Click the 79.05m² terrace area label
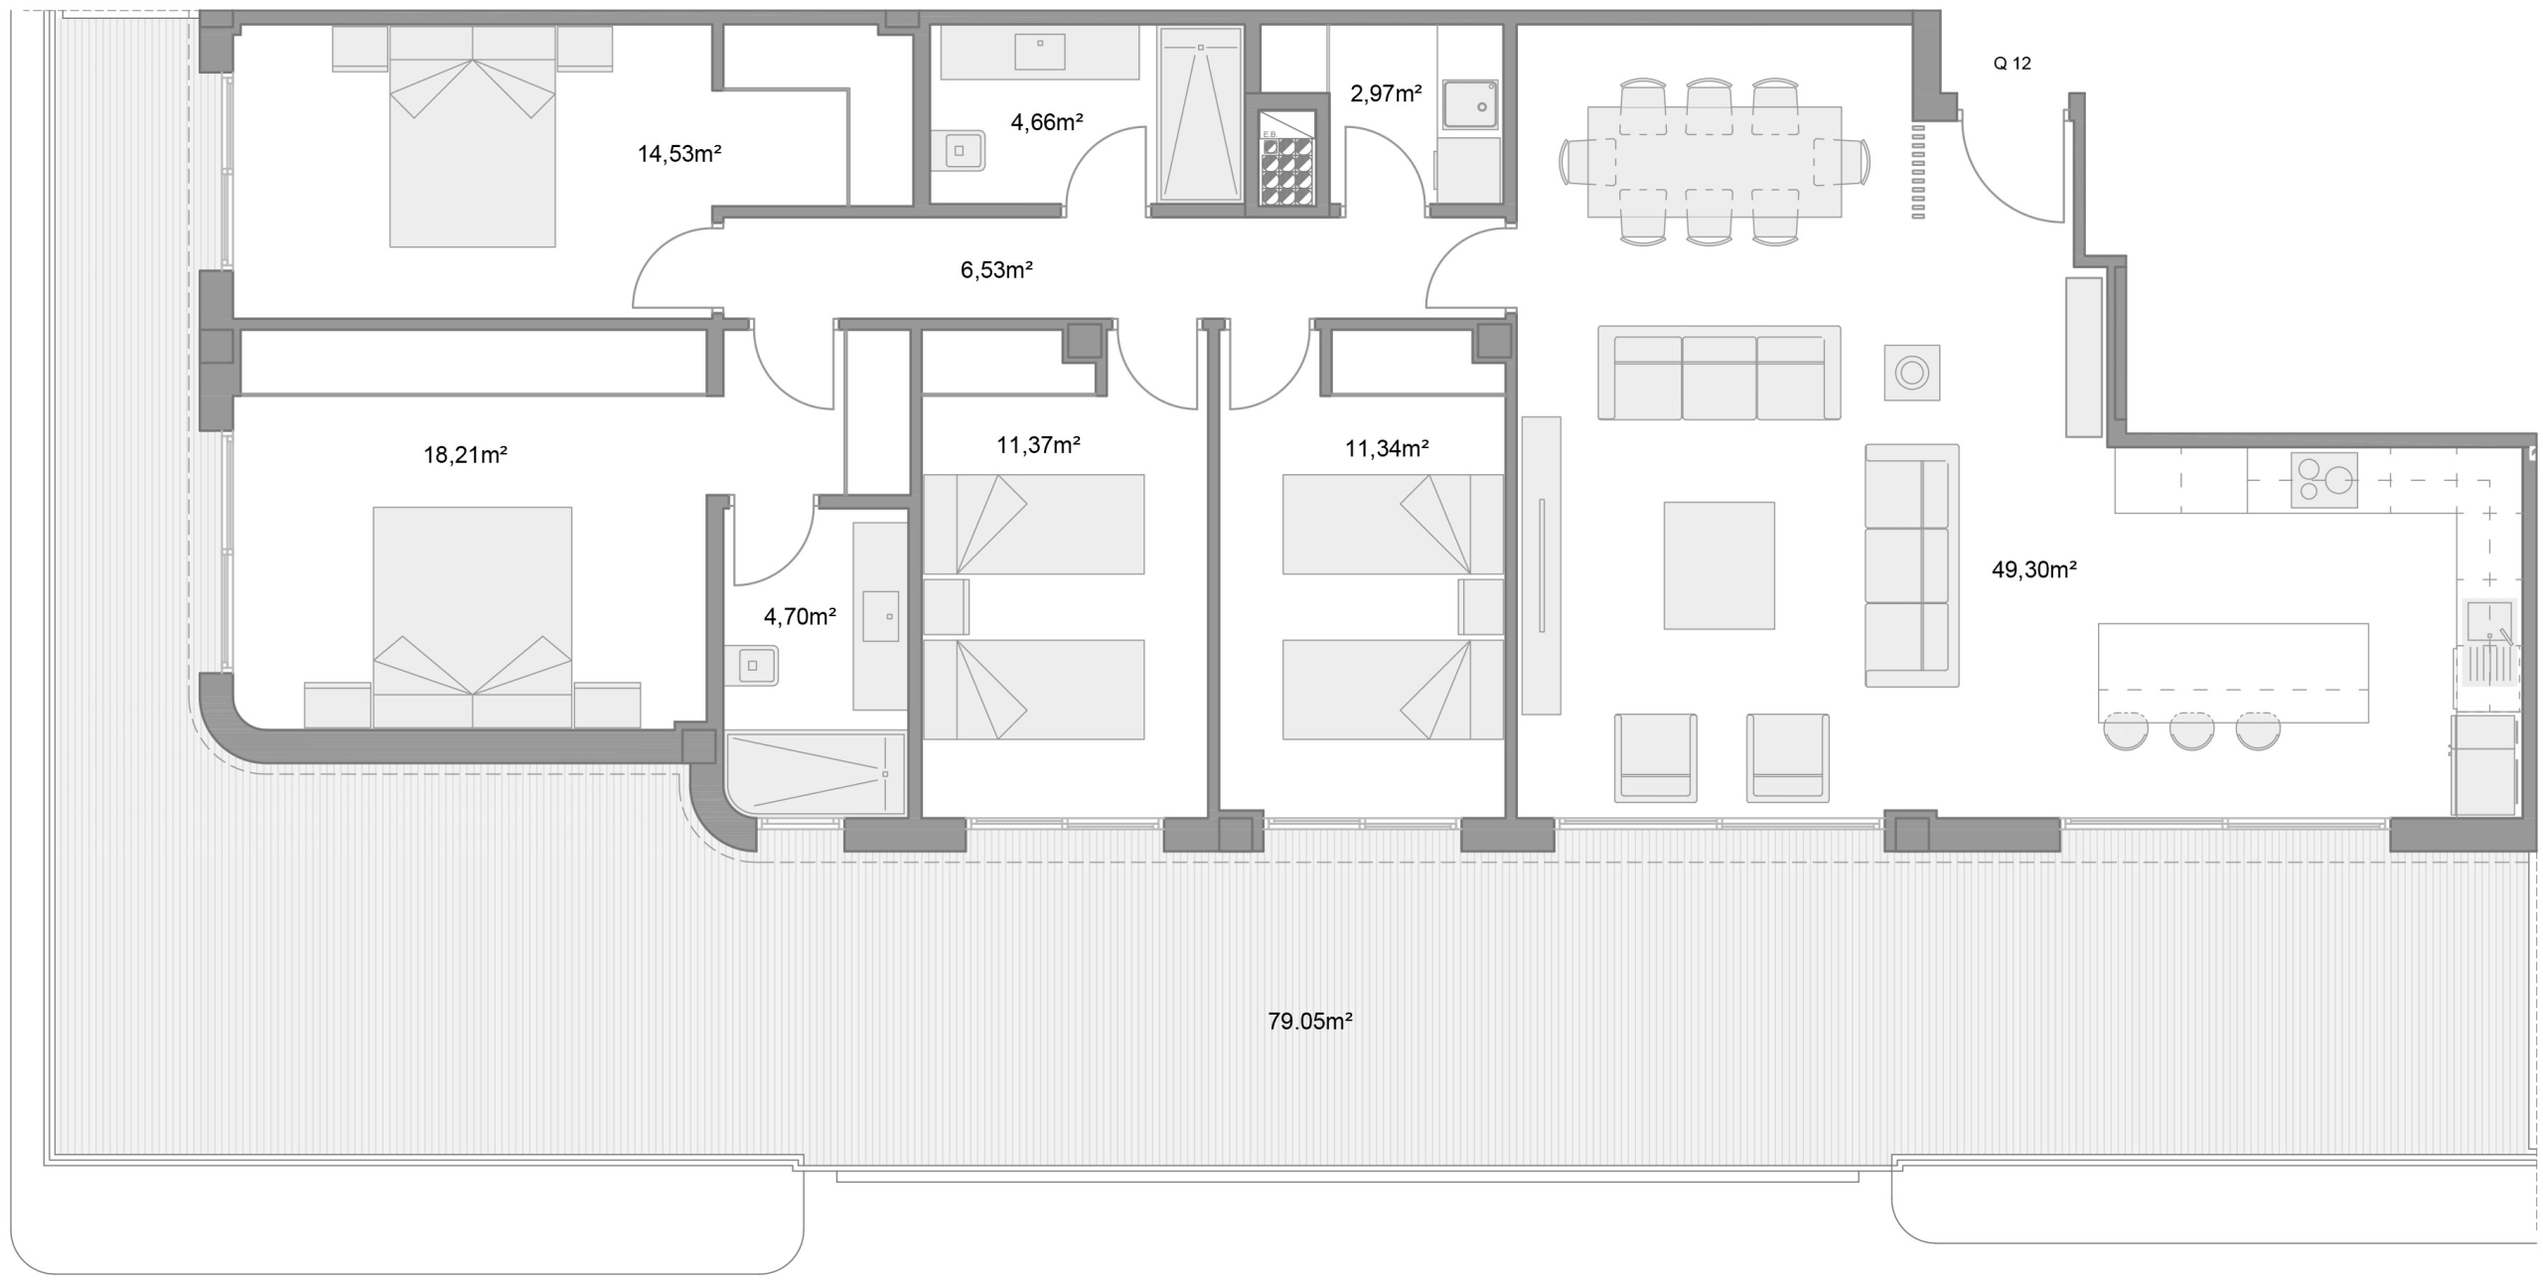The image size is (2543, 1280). [x=1309, y=1021]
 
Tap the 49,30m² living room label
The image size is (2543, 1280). [x=2033, y=569]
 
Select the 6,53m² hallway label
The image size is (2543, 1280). [x=996, y=269]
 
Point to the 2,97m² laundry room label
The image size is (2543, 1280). [x=1385, y=94]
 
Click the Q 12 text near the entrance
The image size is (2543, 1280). [x=2012, y=64]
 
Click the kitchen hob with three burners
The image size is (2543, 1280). [x=2323, y=480]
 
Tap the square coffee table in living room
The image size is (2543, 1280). [x=1719, y=564]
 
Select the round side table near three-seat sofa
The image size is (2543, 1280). [x=1911, y=374]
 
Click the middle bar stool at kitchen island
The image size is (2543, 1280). [x=2191, y=729]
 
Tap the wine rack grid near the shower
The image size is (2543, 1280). [x=1287, y=171]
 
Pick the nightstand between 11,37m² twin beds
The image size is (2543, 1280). [x=945, y=606]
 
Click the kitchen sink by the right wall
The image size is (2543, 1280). [x=2487, y=621]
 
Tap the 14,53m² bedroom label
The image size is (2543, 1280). [x=678, y=154]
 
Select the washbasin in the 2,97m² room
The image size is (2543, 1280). [x=1470, y=104]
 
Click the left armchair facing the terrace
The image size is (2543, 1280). [x=1655, y=757]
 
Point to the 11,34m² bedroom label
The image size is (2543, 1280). [x=1386, y=448]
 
